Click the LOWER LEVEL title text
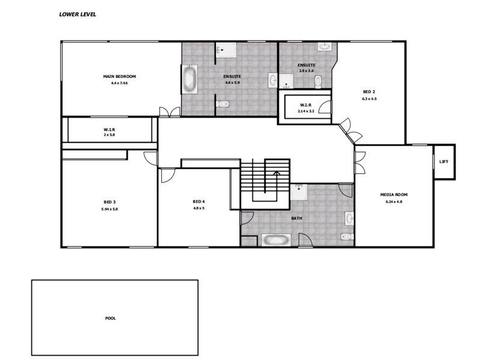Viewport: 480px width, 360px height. click(77, 14)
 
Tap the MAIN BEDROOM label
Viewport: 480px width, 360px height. click(119, 76)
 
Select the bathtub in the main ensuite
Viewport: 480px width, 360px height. click(190, 80)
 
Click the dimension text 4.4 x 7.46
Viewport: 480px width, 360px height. click(119, 83)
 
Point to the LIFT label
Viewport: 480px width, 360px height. click(444, 161)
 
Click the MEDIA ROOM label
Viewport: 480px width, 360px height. click(394, 195)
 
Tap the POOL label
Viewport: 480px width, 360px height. click(110, 318)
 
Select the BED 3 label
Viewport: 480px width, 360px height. click(110, 202)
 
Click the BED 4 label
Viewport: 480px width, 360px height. click(199, 201)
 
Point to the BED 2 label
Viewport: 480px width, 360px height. click(369, 92)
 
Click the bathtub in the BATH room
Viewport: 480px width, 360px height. click(275, 240)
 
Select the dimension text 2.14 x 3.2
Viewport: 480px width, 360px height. click(305, 111)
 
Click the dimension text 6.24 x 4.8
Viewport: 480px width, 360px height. click(394, 202)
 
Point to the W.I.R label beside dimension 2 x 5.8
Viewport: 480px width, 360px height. click(109, 129)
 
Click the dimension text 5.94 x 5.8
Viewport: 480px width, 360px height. click(110, 209)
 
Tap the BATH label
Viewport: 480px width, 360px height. click(296, 218)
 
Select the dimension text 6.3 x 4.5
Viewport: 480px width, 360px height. click(369, 98)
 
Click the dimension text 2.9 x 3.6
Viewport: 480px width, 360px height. click(307, 71)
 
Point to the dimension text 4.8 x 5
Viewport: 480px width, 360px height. click(199, 208)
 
